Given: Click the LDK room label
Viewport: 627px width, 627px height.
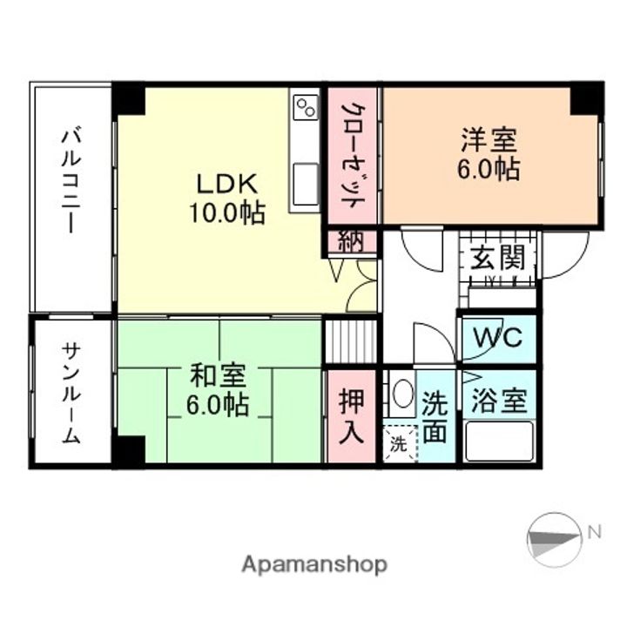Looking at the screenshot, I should [226, 184].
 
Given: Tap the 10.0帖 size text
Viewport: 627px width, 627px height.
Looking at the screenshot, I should [227, 212].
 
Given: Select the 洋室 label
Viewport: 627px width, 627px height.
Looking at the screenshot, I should [489, 139].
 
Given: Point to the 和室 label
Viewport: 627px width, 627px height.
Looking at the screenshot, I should [219, 376].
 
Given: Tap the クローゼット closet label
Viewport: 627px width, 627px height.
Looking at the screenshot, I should [353, 155].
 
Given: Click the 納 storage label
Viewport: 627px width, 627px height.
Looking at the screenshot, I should [352, 242].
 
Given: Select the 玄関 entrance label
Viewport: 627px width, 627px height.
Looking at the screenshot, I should [498, 259].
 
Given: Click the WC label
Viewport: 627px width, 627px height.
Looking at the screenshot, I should [498, 337].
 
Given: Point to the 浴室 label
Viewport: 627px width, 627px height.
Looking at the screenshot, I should [498, 401].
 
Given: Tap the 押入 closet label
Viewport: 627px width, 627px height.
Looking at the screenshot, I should [352, 416].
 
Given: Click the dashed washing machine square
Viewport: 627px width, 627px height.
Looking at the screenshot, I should [399, 444].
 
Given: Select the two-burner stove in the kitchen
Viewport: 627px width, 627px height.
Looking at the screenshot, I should [306, 108].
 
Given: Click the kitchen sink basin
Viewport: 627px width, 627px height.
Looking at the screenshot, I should [306, 185].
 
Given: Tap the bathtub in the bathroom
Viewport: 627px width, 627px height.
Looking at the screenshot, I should [498, 442].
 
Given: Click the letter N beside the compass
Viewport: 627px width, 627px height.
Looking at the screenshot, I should [595, 530].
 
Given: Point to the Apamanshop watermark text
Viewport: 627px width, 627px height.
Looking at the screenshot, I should [313, 564].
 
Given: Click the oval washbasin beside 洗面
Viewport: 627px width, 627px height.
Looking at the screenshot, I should [401, 394].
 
